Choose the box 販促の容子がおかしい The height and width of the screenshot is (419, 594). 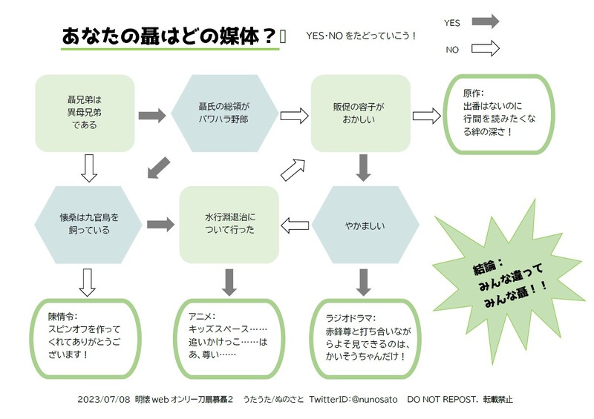pyautogui.click(x=359, y=111)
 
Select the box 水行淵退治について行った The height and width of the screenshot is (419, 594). pyautogui.click(x=229, y=223)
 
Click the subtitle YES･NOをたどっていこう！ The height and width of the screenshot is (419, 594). pyautogui.click(x=361, y=36)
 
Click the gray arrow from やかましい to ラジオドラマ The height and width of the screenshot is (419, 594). pyautogui.click(x=363, y=280)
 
